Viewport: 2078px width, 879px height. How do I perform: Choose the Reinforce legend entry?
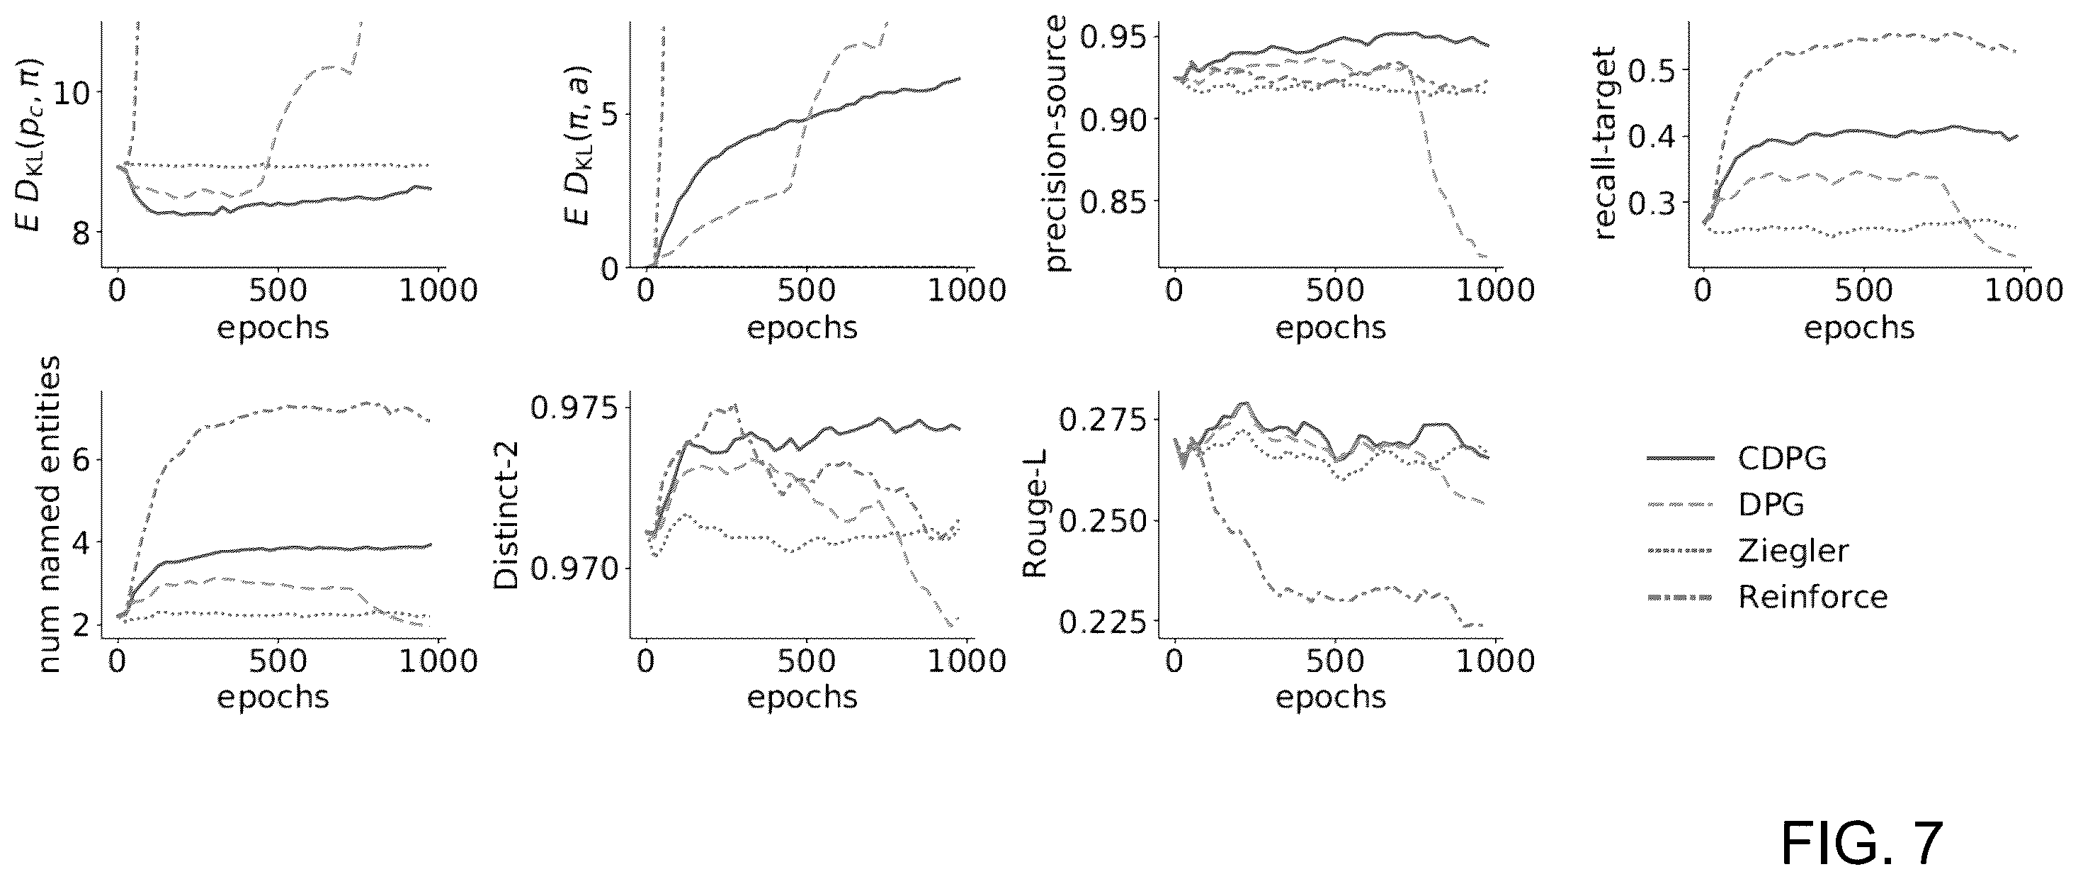coord(1766,598)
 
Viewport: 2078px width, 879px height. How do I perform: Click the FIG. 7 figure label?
coord(1861,843)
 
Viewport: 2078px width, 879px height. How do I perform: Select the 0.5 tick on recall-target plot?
coord(1653,70)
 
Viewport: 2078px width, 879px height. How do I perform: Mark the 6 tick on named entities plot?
coord(81,461)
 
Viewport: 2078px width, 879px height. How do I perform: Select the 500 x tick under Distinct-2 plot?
coord(807,662)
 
